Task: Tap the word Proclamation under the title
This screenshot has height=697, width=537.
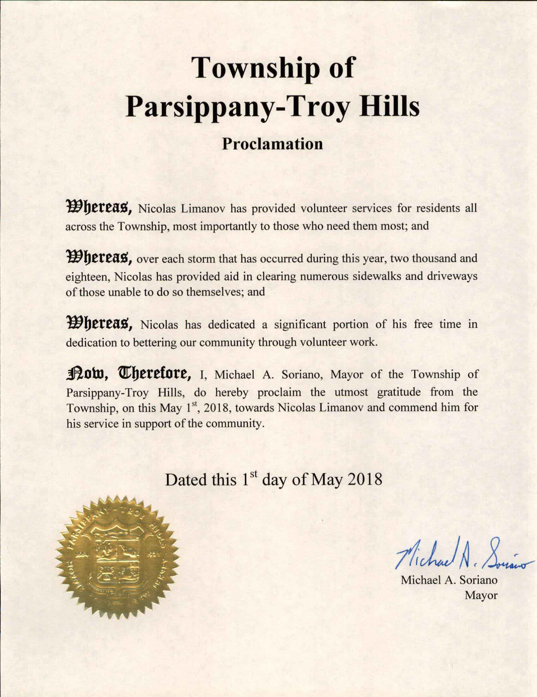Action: coord(272,144)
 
